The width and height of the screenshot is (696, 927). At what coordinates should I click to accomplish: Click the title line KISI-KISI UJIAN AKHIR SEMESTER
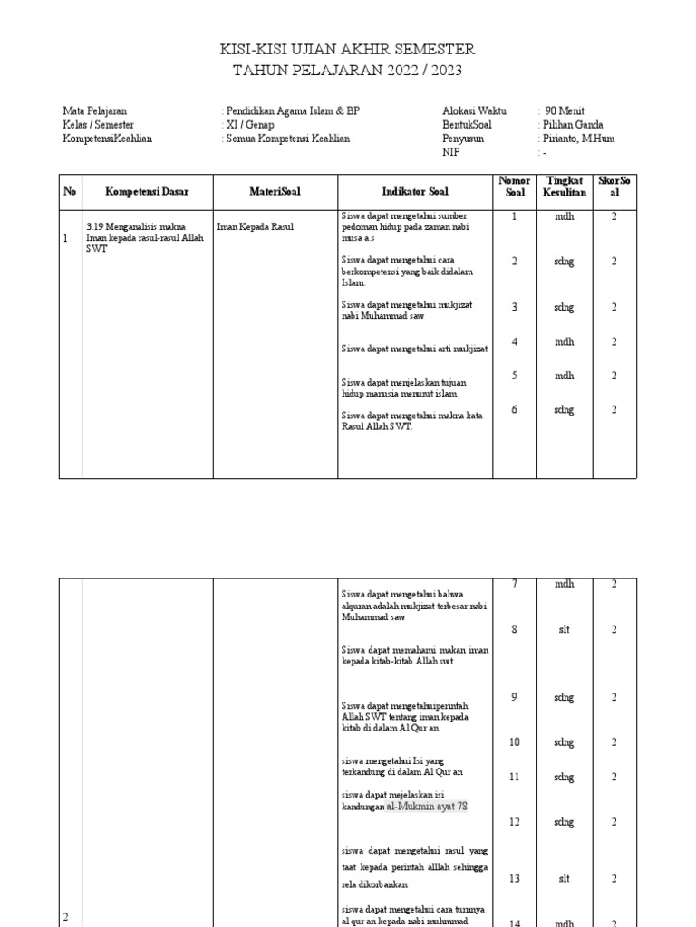[348, 49]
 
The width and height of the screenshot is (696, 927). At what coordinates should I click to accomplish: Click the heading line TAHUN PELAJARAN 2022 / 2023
[348, 70]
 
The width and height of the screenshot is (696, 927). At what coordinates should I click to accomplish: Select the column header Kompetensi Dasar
[147, 192]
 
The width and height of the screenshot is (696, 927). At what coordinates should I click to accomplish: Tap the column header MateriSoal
[275, 192]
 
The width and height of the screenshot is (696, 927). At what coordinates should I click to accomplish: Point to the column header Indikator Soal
[414, 192]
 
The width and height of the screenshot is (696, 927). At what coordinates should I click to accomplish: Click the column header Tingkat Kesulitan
[565, 186]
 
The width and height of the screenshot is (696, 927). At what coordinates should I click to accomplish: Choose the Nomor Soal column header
[514, 186]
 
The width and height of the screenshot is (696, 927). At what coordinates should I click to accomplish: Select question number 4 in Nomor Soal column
[514, 341]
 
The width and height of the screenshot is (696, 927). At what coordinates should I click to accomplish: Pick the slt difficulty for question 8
[565, 630]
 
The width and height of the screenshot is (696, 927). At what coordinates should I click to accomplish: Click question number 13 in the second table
[514, 878]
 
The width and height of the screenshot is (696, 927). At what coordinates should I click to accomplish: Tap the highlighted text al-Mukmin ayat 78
[427, 806]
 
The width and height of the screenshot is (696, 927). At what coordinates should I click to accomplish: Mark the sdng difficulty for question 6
[565, 409]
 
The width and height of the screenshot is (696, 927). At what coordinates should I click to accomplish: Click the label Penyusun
[463, 139]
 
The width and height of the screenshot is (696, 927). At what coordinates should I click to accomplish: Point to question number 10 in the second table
[514, 742]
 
